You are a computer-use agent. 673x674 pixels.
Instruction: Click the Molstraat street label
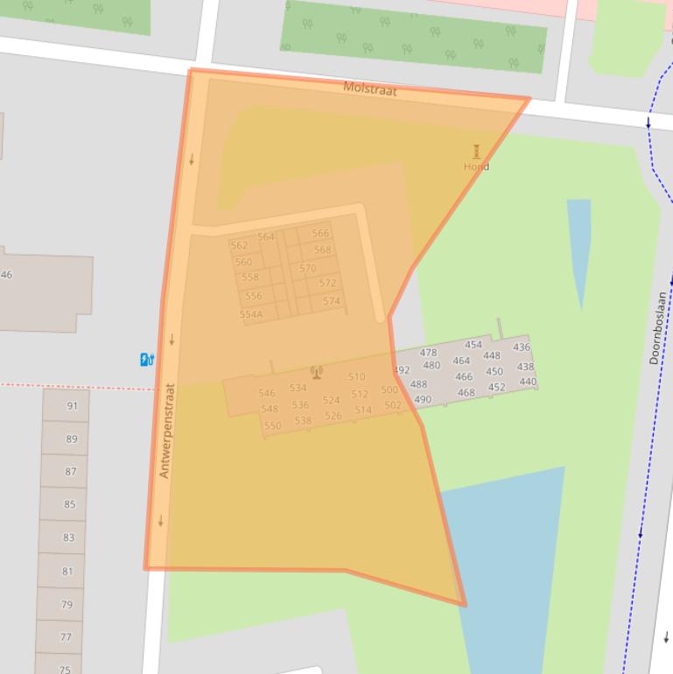point(369,88)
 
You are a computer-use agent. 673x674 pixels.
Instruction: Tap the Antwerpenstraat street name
point(167,431)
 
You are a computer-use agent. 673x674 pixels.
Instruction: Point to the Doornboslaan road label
point(658,328)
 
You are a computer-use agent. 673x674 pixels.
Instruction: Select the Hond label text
point(476,166)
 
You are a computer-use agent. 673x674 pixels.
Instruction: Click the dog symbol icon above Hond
point(476,151)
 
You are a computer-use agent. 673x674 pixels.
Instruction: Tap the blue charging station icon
point(147,359)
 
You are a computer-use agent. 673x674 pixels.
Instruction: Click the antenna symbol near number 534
point(317,372)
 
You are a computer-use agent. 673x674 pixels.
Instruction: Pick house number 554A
point(251,314)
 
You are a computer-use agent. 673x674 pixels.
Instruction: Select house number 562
point(239,245)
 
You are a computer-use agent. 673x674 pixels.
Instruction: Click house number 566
point(320,233)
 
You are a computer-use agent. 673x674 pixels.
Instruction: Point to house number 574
point(331,301)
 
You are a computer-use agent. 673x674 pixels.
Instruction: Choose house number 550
point(272,426)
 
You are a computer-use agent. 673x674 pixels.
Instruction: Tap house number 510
point(356,377)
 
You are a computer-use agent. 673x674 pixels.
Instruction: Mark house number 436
point(522,348)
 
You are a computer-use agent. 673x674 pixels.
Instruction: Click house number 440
point(527,382)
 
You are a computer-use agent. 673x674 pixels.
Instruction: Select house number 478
point(428,353)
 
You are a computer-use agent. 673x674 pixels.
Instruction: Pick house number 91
point(72,406)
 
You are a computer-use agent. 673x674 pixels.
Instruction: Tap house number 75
point(65,670)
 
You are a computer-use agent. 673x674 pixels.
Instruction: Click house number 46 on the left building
point(6,275)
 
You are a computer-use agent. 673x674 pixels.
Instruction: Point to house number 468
point(466,393)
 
